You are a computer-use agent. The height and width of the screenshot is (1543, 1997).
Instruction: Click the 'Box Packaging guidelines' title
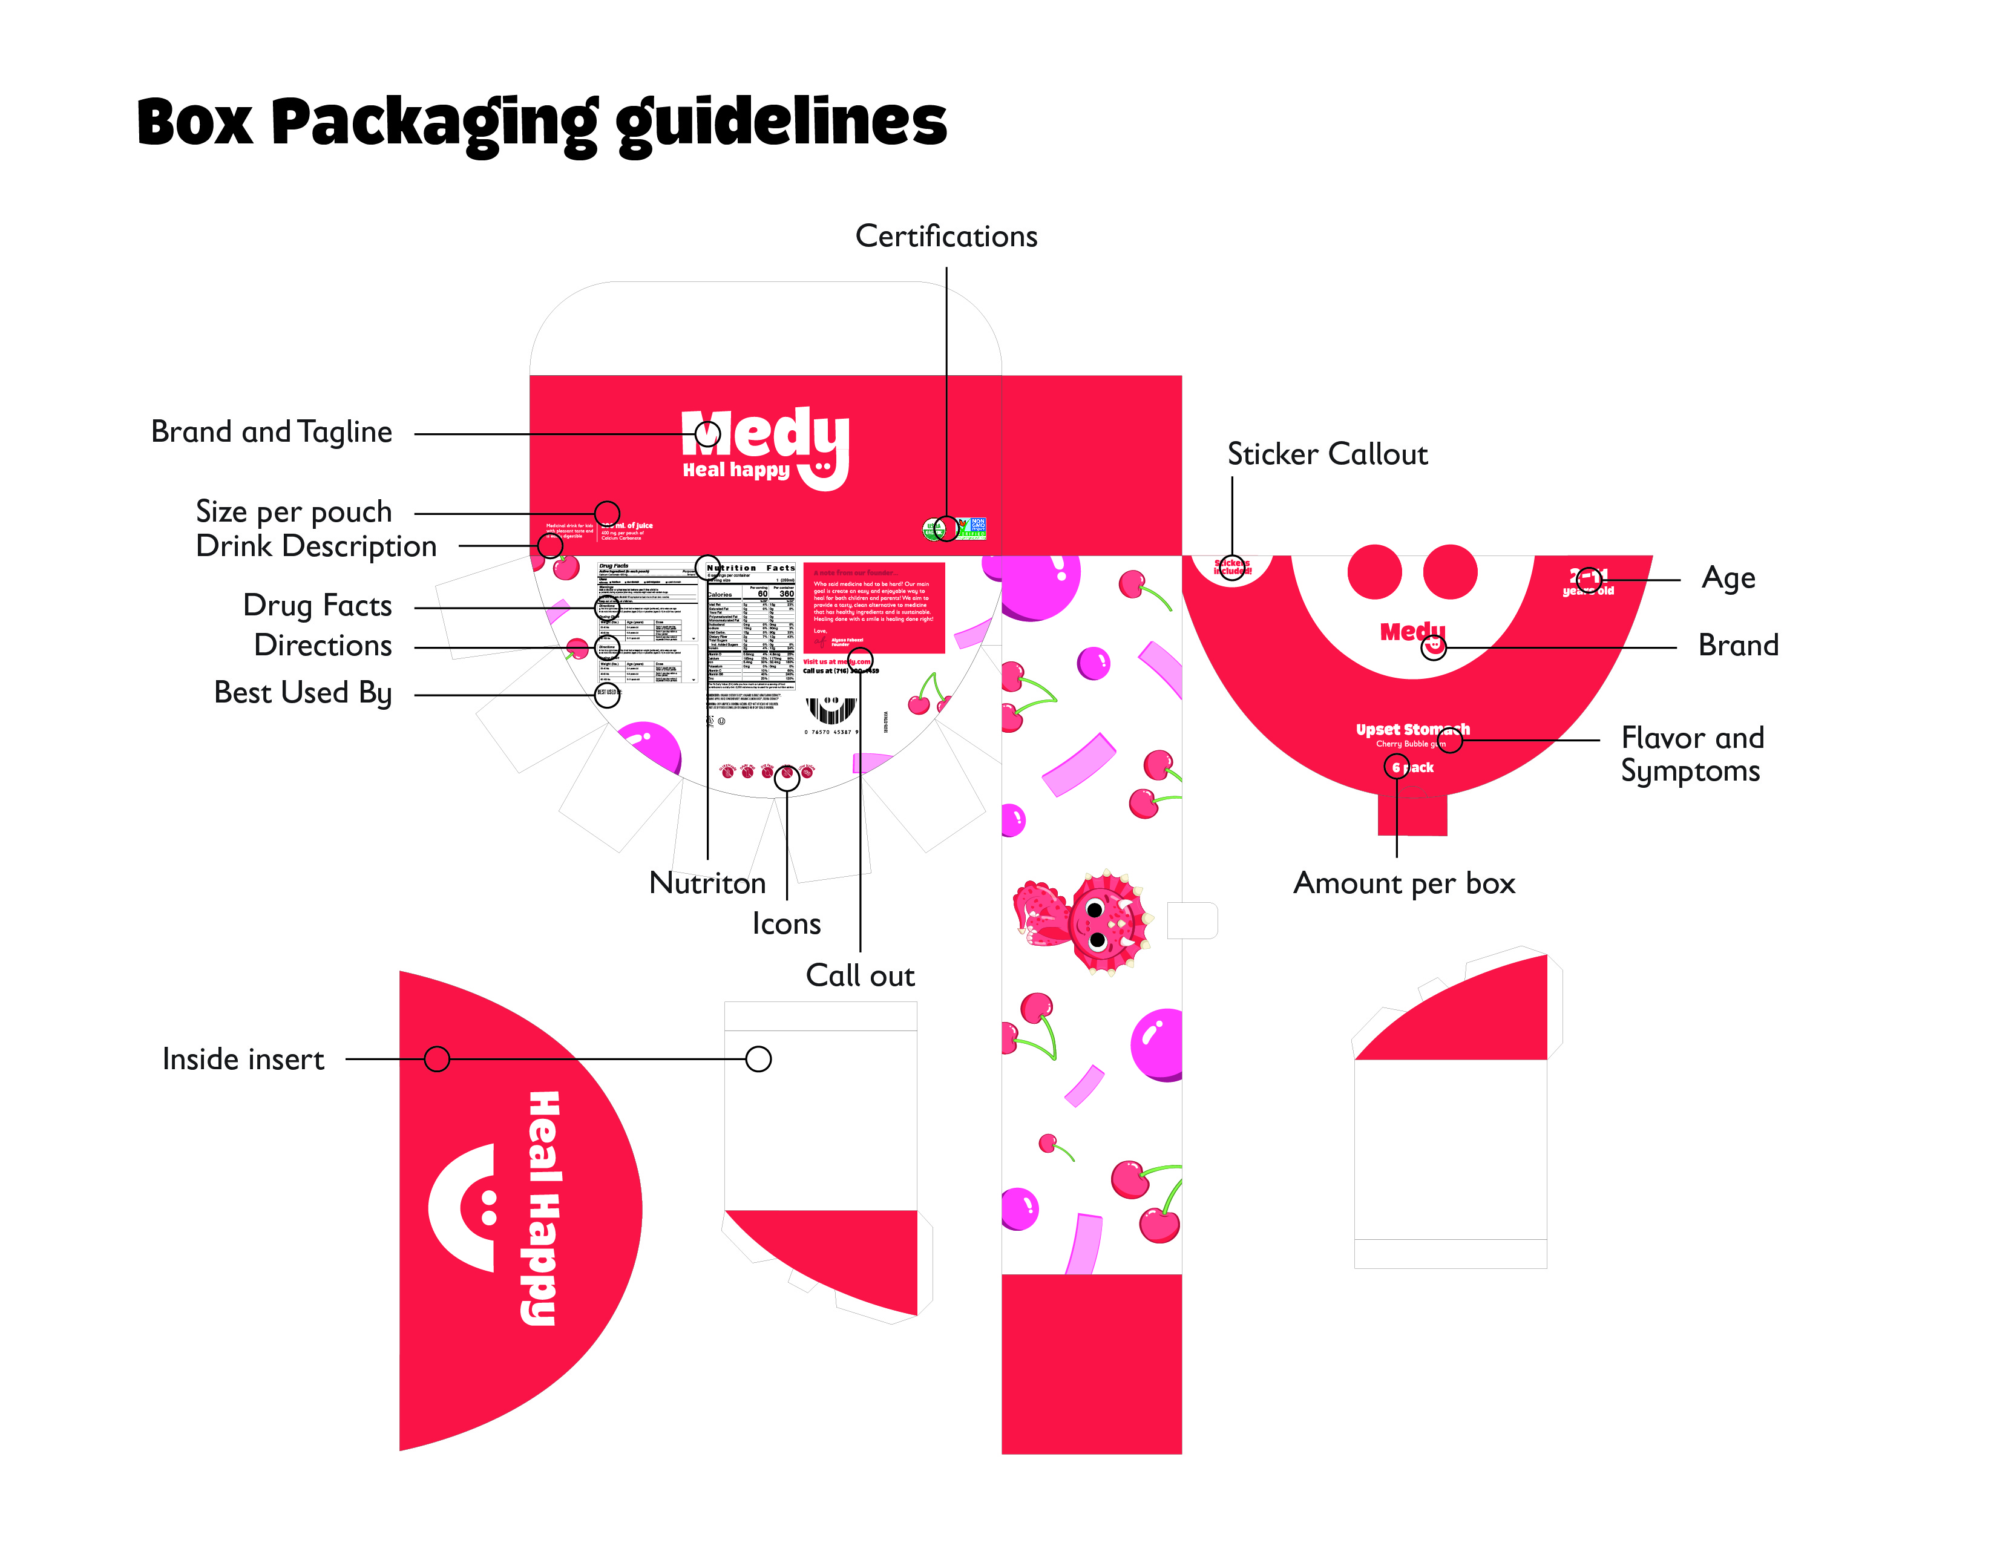(542, 123)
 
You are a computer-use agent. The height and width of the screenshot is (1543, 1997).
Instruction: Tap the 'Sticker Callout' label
(1326, 454)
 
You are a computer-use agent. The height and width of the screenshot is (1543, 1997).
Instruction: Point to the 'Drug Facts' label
(316, 605)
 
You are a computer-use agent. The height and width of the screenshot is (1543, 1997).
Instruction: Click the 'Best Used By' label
(302, 693)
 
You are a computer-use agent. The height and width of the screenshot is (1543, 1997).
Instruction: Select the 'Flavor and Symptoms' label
(1691, 754)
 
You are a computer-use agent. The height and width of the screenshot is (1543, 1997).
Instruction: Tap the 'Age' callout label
(1728, 578)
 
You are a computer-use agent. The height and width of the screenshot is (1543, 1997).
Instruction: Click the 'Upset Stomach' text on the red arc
(1412, 730)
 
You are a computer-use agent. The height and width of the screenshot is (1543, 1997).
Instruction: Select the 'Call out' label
(859, 975)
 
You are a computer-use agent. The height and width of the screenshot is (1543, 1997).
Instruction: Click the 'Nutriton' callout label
(707, 883)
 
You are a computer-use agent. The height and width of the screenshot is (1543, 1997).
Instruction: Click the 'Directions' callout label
(322, 646)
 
